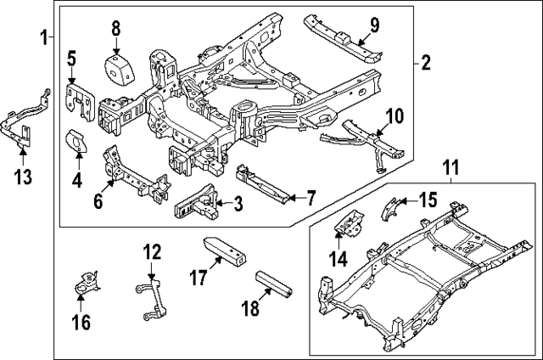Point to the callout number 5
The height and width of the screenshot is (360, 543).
pos(72,59)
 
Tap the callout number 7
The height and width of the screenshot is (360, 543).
pos(311,199)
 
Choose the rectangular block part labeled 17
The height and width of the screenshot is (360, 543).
pos(226,251)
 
